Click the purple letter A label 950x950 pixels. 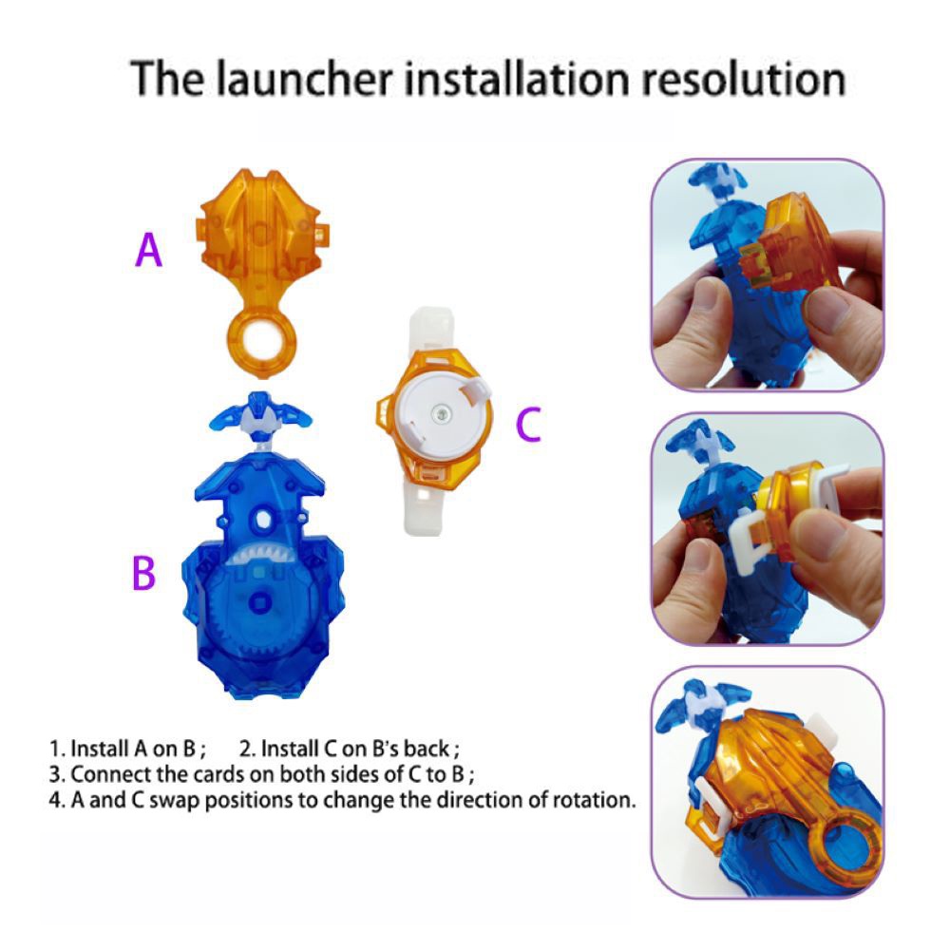tap(148, 250)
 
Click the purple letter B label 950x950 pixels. tap(143, 573)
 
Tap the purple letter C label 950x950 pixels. tap(527, 424)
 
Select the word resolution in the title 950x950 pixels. tap(744, 79)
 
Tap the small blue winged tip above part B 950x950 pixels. tap(260, 415)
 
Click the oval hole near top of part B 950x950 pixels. tap(263, 520)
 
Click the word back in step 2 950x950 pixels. tap(427, 749)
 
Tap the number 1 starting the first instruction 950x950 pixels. tap(54, 749)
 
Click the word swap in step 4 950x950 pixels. tap(175, 801)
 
